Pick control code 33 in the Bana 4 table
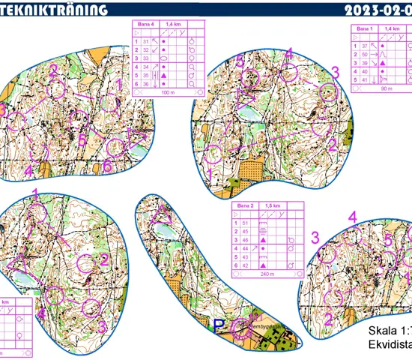(x=147, y=58)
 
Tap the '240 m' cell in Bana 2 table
(x=267, y=274)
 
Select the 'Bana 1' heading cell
(x=365, y=28)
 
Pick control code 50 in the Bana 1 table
(x=365, y=55)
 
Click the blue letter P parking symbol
(x=219, y=325)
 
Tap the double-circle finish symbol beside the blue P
(x=240, y=326)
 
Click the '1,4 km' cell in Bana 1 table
(x=392, y=28)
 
